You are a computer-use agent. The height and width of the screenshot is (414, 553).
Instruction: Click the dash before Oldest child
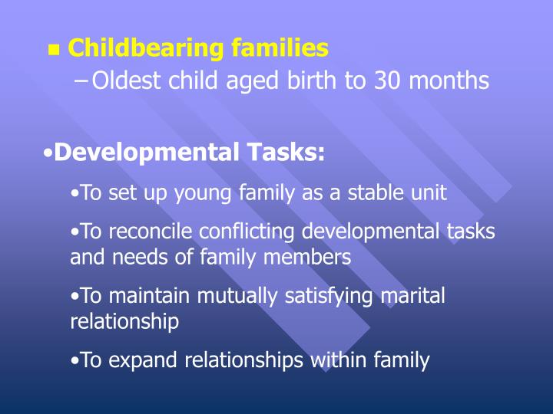(x=82, y=80)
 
